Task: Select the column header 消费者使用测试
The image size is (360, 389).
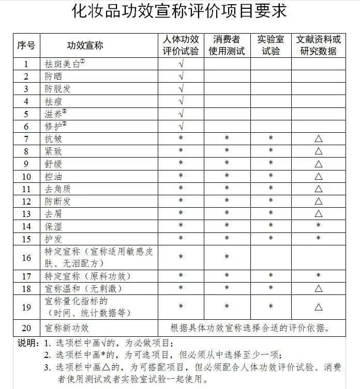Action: coord(227,45)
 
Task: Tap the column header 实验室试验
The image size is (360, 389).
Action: coord(271,45)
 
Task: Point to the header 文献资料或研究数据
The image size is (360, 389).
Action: coord(318,45)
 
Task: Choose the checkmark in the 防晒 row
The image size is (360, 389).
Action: coord(181,76)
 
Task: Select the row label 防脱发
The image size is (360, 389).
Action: coord(57,89)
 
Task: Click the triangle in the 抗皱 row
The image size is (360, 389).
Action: coord(318,139)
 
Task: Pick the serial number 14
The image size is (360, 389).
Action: coord(27,226)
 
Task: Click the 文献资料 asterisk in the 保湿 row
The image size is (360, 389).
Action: coord(318,226)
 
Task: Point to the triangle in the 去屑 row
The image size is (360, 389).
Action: coord(318,213)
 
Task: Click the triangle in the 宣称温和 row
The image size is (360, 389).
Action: coord(318,288)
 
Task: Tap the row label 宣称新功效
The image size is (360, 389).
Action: coord(67,328)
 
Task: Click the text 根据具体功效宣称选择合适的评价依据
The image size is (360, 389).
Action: coord(250,328)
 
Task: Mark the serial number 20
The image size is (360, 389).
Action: coord(27,328)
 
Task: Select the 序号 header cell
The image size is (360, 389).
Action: coord(26,45)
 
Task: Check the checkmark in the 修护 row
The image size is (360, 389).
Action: coord(181,127)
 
